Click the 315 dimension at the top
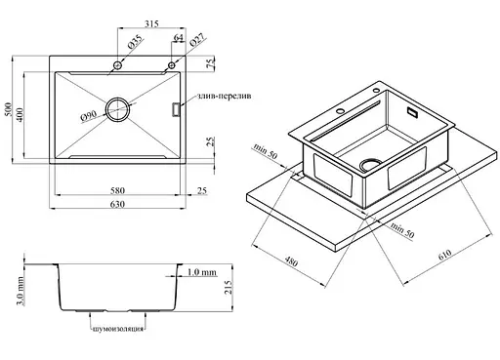(x=151, y=23)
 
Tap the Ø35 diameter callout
(x=136, y=42)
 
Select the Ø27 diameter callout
(x=197, y=41)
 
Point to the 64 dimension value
(x=178, y=38)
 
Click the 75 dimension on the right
(x=211, y=62)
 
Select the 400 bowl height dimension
(x=20, y=114)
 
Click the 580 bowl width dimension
(x=117, y=190)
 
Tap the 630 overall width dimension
(x=117, y=204)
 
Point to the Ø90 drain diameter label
(x=88, y=116)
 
